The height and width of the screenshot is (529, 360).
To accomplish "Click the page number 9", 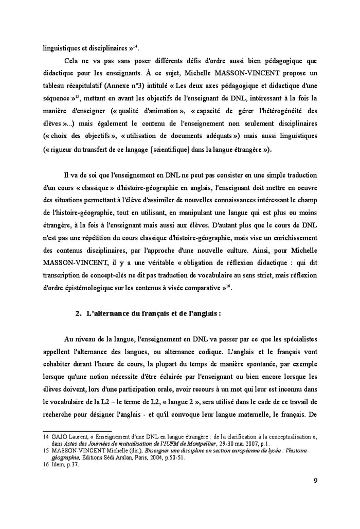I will point(315,481).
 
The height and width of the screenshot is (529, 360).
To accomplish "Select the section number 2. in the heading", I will point(79,314).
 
